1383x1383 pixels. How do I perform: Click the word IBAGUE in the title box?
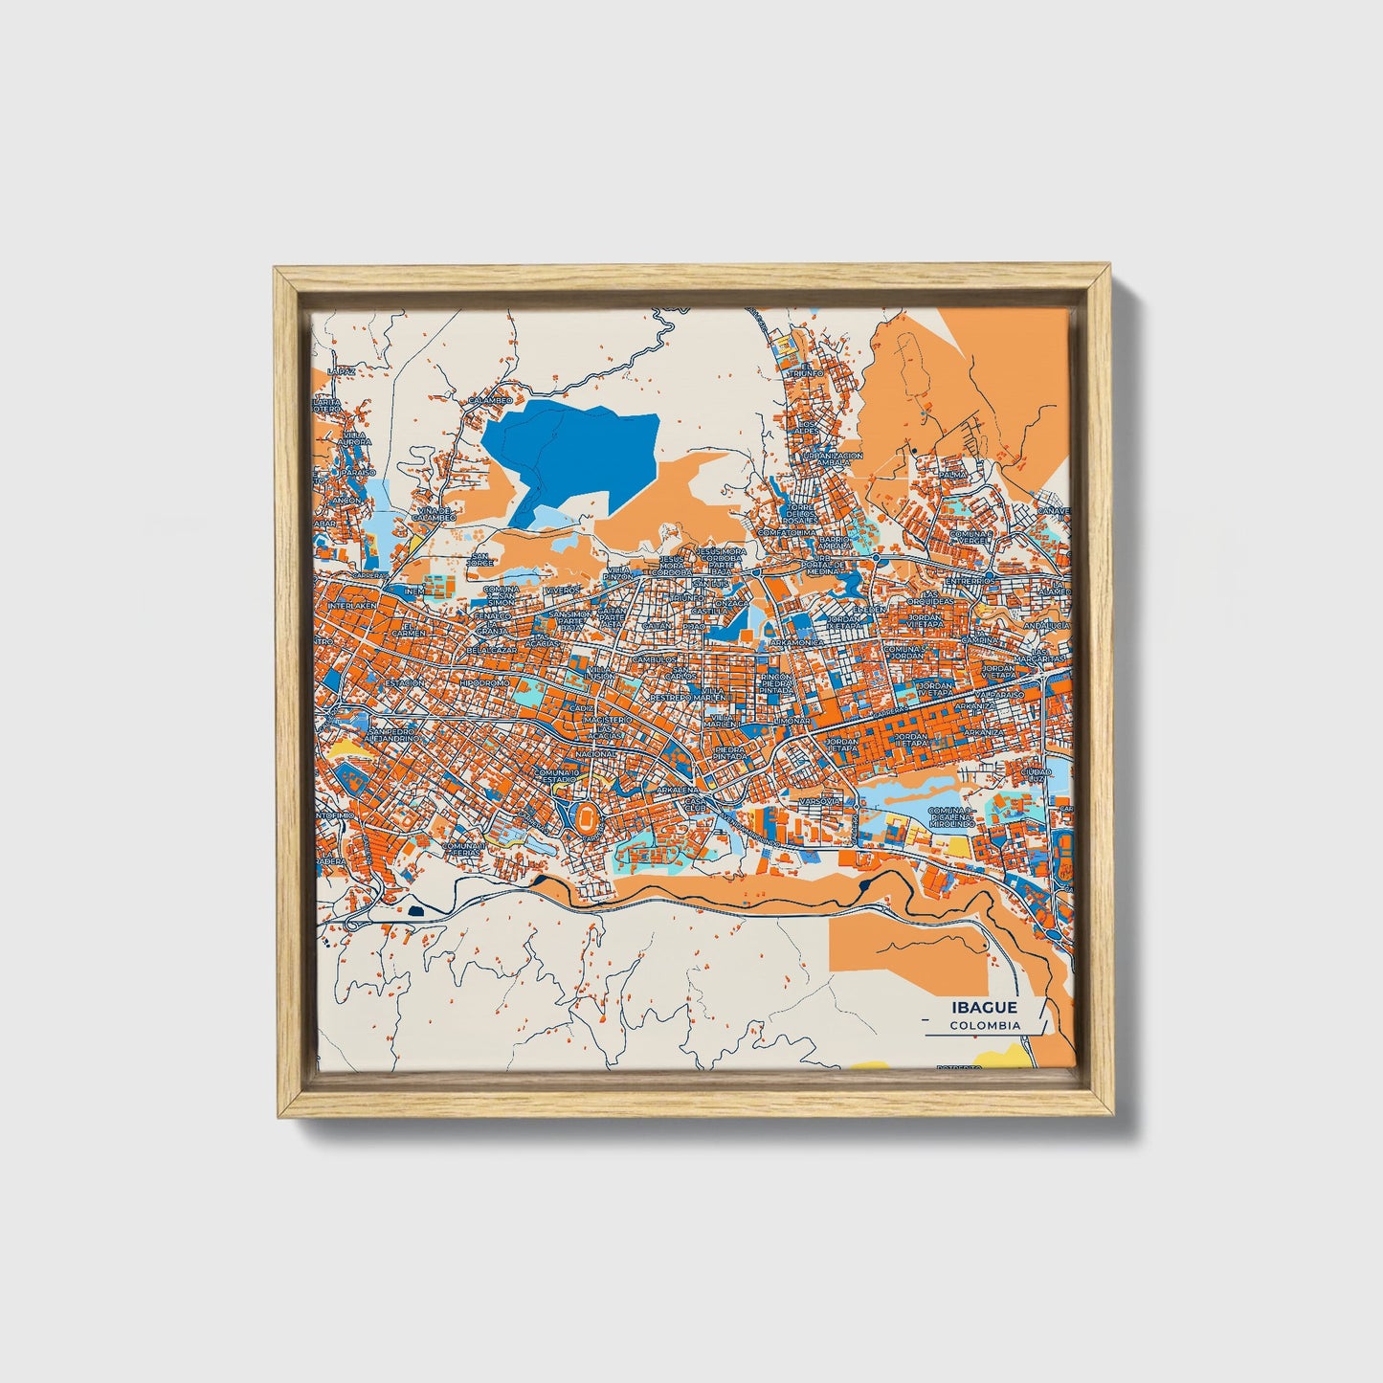click(x=984, y=1008)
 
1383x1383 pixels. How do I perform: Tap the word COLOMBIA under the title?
click(x=985, y=1025)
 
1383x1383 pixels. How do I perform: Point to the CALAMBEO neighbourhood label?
click(x=490, y=400)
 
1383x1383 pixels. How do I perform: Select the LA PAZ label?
click(x=341, y=371)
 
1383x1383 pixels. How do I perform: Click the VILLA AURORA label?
click(x=353, y=438)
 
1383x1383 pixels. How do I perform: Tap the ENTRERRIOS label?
click(x=970, y=581)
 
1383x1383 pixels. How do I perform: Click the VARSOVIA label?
click(x=820, y=799)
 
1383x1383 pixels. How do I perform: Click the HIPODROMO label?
click(x=483, y=684)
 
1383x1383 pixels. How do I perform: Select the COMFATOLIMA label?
click(x=788, y=532)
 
